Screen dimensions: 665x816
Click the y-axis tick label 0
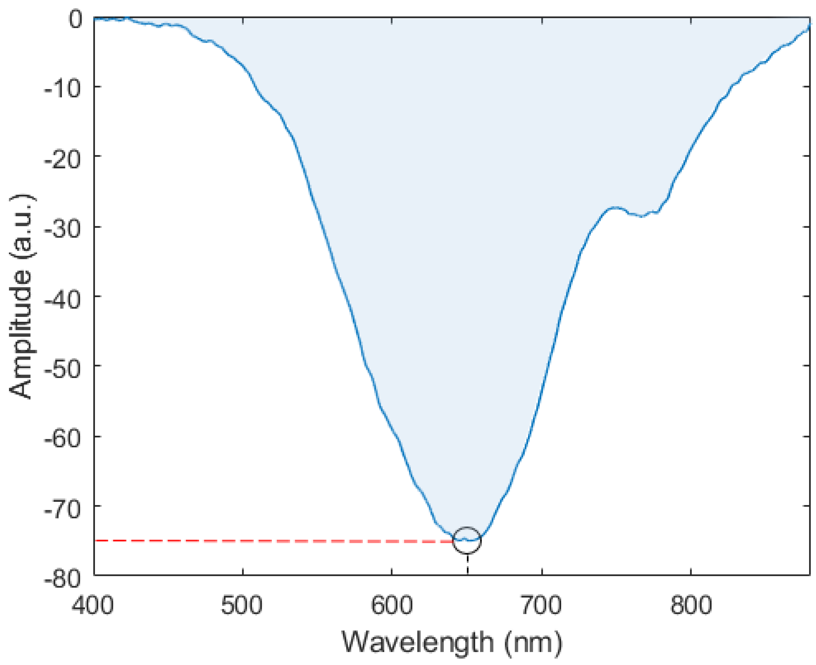(75, 19)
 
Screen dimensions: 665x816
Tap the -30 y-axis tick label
(63, 228)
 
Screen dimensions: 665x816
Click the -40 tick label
(63, 297)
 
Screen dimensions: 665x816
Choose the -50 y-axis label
(63, 366)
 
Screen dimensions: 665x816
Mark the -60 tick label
(63, 438)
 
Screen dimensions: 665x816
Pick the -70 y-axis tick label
(63, 507)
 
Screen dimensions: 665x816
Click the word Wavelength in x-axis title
(418, 642)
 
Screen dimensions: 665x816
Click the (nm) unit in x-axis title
(533, 642)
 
